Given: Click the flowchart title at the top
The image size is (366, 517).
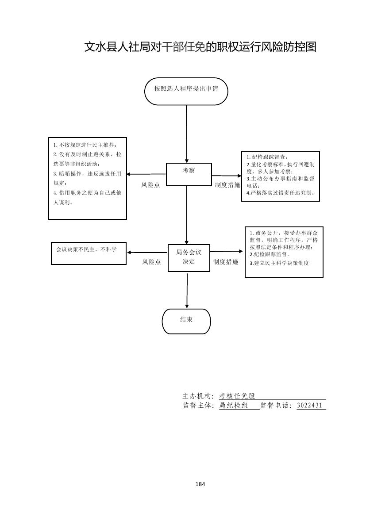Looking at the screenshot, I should click(200, 47).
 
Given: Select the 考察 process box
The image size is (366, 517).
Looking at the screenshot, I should click(189, 174).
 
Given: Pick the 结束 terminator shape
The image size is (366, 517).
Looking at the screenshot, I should click(186, 321).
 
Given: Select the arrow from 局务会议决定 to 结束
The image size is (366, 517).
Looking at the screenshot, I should click(187, 290).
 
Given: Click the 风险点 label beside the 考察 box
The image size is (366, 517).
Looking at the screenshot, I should click(150, 185).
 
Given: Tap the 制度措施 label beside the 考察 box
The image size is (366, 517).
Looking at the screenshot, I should click(227, 185).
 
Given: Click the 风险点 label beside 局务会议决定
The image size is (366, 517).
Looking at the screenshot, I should click(151, 262).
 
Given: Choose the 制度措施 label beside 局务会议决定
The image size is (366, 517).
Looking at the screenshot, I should click(225, 262).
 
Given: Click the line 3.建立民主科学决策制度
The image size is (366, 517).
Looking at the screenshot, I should click(279, 263).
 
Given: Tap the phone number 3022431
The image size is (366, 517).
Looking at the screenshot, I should click(310, 405).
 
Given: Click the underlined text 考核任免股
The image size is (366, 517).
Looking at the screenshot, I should click(237, 396).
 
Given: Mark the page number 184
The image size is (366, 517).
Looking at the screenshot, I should click(200, 484).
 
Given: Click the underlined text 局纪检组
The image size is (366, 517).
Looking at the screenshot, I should click(233, 405).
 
